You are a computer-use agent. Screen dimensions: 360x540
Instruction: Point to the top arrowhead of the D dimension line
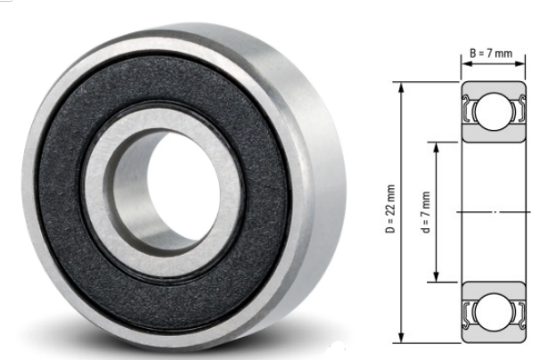[x=402, y=87]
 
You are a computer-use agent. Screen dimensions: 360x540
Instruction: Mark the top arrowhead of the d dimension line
[x=436, y=144]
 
